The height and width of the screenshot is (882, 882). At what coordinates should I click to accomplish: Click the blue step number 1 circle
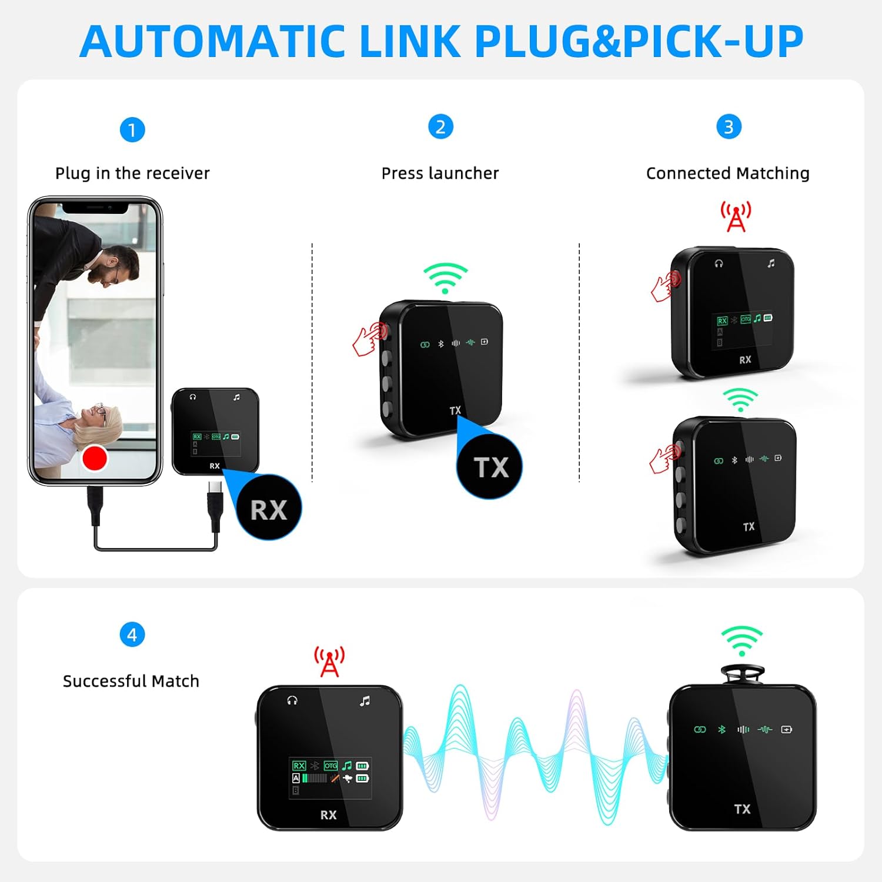click(x=132, y=129)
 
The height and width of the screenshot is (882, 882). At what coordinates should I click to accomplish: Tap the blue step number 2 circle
click(x=440, y=126)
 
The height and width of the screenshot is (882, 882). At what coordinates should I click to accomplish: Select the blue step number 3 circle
click(x=729, y=126)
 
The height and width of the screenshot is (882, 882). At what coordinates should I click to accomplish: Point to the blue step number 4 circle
click(x=132, y=634)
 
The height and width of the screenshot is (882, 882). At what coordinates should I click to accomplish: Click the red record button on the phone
click(x=95, y=457)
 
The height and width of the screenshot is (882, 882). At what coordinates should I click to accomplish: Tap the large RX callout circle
click(x=269, y=508)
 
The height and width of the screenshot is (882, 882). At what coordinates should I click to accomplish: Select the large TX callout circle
click(x=490, y=467)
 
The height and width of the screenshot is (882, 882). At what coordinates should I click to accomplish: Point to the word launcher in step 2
click(x=464, y=173)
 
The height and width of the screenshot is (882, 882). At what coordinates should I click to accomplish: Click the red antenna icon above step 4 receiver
click(x=329, y=661)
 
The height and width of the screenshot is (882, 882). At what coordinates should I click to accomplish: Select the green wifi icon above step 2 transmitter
click(x=446, y=278)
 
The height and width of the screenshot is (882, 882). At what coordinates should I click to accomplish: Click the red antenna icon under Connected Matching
click(x=736, y=216)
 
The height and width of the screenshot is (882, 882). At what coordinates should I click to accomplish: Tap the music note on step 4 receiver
click(x=365, y=701)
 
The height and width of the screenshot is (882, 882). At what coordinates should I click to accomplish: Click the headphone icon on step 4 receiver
click(x=292, y=700)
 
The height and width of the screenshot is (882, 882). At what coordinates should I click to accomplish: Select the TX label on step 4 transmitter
click(x=742, y=809)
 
